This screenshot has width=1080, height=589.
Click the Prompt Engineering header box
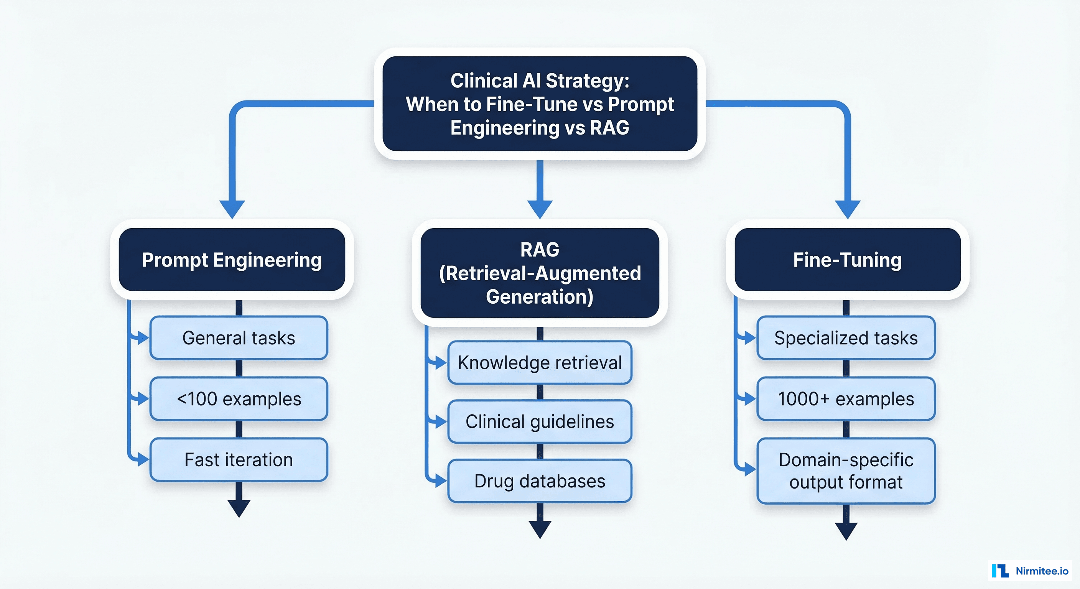[x=232, y=260]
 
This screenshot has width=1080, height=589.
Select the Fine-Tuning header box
[x=847, y=260]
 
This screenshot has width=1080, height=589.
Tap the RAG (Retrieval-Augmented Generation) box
[x=540, y=273]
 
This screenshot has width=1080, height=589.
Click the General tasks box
[x=239, y=338]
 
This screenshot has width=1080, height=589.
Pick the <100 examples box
[x=239, y=399]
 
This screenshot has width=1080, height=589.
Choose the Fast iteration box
[x=239, y=459]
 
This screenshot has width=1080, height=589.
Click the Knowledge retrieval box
[x=540, y=363]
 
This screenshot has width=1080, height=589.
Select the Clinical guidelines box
[x=540, y=421]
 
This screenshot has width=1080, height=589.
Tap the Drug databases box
[x=540, y=481]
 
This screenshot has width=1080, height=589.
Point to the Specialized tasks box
[x=846, y=338]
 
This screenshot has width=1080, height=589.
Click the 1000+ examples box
[x=846, y=399]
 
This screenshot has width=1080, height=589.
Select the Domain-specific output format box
[x=846, y=471]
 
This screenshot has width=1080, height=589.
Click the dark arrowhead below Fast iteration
[x=239, y=508]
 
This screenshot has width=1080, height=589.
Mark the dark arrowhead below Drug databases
[x=540, y=529]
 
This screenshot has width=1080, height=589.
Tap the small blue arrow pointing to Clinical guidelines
[x=439, y=421]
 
